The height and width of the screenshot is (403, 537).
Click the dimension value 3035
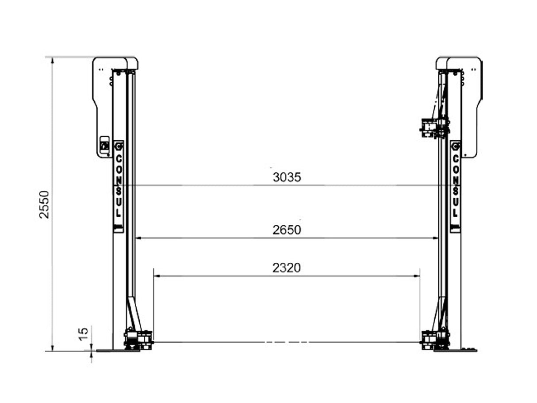coord(287,177)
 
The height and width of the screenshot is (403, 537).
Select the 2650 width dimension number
coord(287,230)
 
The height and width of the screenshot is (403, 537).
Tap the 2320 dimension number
coord(286,268)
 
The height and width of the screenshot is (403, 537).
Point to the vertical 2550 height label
coord(45,204)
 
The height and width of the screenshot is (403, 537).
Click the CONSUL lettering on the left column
coord(119,185)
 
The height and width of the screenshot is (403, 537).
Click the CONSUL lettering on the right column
coord(455,185)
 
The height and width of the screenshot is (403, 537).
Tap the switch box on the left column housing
coord(104,145)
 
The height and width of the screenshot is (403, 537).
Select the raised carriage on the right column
coord(433,127)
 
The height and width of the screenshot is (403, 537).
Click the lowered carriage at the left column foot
coord(138,340)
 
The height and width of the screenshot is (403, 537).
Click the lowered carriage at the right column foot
coord(435,340)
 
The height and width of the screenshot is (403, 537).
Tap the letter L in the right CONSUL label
coord(455,212)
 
